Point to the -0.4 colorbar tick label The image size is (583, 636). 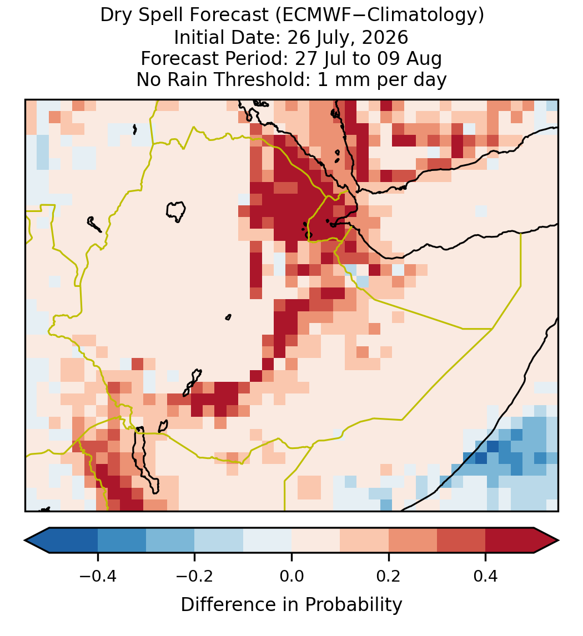click(x=97, y=576)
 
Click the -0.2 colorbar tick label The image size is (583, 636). click(x=194, y=576)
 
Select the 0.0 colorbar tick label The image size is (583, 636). click(x=291, y=576)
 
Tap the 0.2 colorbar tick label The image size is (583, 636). click(x=389, y=576)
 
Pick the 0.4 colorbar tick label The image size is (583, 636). click(x=486, y=576)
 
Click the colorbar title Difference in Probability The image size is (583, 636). click(x=291, y=605)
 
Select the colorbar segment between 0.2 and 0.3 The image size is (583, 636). click(x=413, y=541)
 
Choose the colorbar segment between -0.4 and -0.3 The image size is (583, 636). click(x=122, y=541)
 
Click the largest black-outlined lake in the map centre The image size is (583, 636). click(x=175, y=211)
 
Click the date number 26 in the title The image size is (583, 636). click(x=296, y=37)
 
